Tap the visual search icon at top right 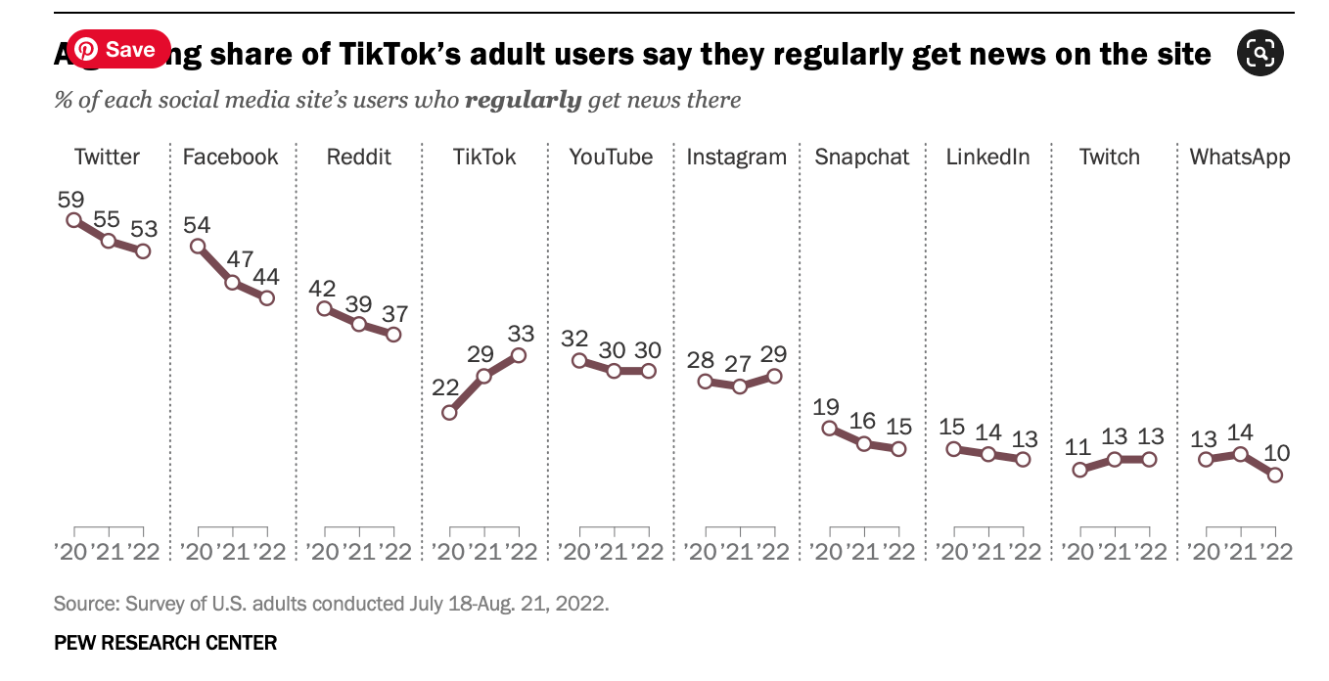[x=1260, y=52]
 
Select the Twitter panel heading [x=107, y=157]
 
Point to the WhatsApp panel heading [x=1239, y=157]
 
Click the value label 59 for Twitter [x=70, y=200]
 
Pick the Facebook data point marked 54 [x=198, y=247]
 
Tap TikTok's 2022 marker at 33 [x=518, y=355]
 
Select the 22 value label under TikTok [x=445, y=387]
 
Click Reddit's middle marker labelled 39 [x=359, y=324]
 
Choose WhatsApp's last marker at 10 [x=1274, y=475]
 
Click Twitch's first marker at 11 [x=1079, y=470]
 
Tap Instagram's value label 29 [x=773, y=354]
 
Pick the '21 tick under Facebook [x=233, y=552]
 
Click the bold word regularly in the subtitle [x=523, y=100]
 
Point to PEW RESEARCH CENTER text [x=165, y=643]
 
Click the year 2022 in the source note [x=584, y=603]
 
